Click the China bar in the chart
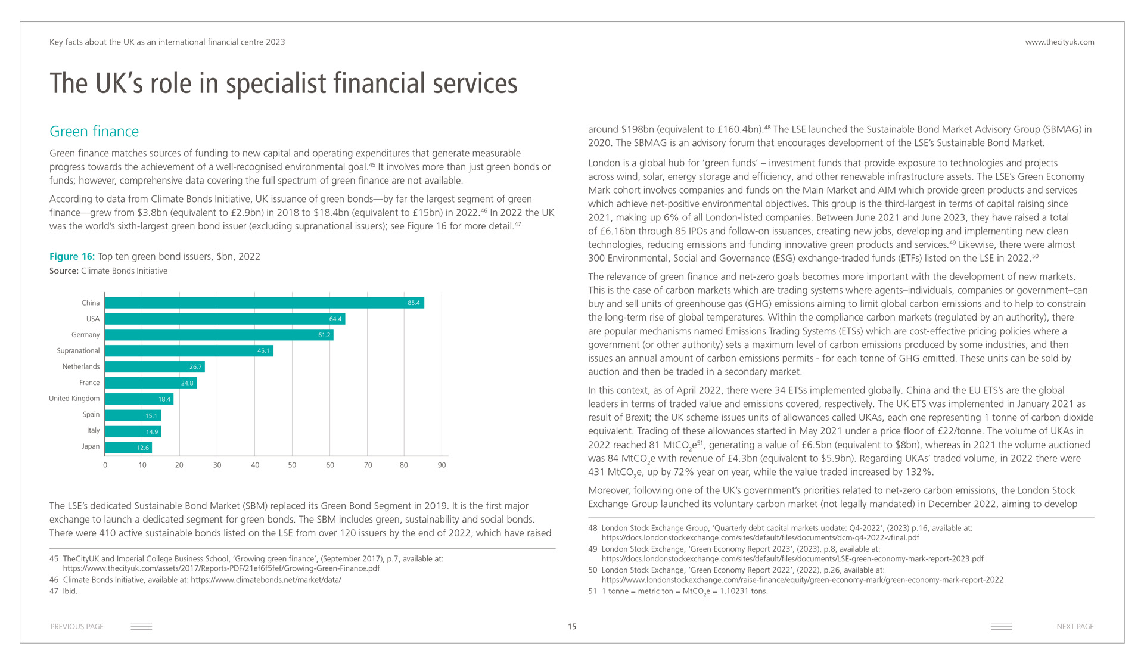pos(264,303)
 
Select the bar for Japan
pos(128,447)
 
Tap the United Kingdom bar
pos(139,399)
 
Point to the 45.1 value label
pos(263,351)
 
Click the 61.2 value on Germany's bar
pos(324,335)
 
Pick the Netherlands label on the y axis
pos(81,366)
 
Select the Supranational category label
pos(78,351)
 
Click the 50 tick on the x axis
pos(292,465)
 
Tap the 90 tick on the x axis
pos(442,465)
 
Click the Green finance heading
pos(94,132)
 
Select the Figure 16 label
pos(72,256)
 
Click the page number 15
pos(572,626)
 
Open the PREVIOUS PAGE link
pos(77,626)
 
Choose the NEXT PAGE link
pos(1075,626)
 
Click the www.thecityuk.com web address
pos(1059,42)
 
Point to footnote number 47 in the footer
pos(54,591)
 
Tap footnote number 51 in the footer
pos(592,591)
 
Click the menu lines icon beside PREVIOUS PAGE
pos(141,626)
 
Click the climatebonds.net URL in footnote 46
pos(266,580)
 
